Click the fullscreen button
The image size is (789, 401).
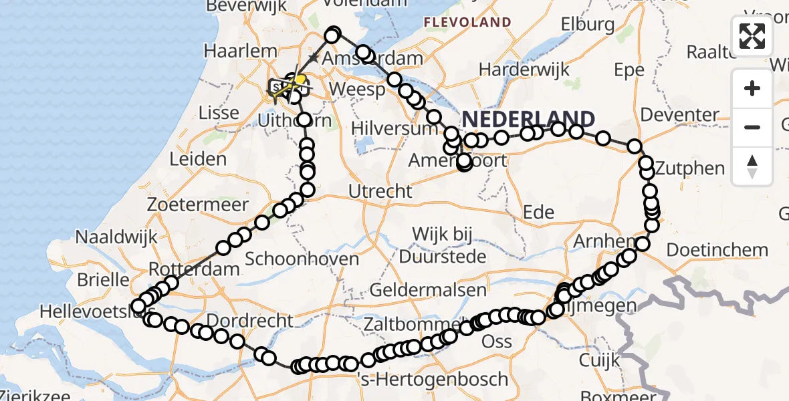(x=752, y=36)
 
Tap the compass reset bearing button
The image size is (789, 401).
(x=752, y=166)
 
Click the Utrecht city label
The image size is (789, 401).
(x=380, y=191)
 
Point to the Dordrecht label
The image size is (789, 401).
(x=250, y=320)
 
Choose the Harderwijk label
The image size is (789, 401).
(x=524, y=69)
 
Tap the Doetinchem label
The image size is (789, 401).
(x=717, y=250)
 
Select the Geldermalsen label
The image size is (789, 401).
(x=428, y=290)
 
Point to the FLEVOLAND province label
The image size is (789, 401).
(x=468, y=22)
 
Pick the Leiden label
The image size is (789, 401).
(x=198, y=159)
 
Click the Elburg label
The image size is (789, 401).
(x=588, y=25)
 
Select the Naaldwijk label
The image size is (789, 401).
(x=116, y=237)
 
